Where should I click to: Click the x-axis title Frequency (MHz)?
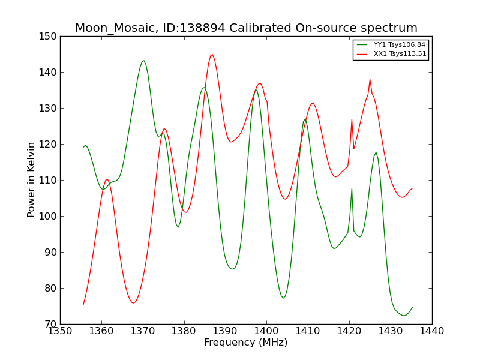click(246, 343)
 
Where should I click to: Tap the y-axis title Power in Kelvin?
click(31, 179)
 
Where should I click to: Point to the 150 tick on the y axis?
click(50, 37)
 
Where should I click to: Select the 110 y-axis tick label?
click(50, 181)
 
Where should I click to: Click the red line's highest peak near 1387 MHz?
click(212, 55)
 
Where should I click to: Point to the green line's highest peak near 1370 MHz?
click(143, 61)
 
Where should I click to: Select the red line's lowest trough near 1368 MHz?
click(133, 302)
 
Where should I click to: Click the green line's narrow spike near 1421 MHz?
click(352, 188)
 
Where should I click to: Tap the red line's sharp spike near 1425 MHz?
click(370, 79)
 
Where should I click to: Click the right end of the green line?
click(412, 307)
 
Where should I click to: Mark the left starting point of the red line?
click(83, 304)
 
